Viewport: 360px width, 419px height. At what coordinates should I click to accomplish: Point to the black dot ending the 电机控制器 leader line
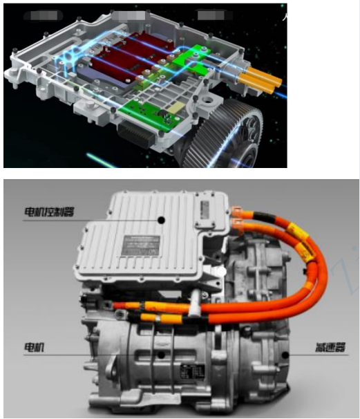click(161, 219)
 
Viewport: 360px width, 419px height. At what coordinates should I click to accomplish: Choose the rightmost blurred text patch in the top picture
click(209, 13)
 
